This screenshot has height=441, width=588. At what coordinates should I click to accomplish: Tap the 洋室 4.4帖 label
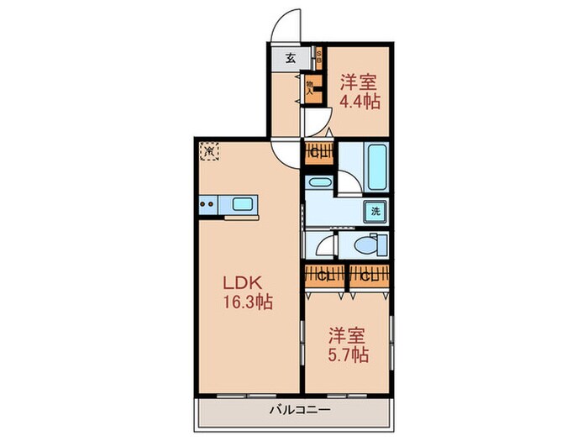[x=360, y=92]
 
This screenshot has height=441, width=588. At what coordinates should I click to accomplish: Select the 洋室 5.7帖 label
[x=348, y=344]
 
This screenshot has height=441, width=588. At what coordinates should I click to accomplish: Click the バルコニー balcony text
[x=300, y=411]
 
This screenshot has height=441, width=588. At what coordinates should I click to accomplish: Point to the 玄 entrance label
[x=290, y=59]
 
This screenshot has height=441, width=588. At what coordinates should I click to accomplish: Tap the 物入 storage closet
[x=311, y=88]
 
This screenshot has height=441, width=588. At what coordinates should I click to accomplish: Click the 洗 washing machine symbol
[x=375, y=211]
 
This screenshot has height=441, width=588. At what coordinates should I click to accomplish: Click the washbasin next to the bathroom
[x=319, y=181]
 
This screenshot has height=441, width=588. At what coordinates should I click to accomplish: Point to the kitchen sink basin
[x=242, y=204]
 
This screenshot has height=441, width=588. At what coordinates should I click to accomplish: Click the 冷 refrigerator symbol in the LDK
[x=209, y=154]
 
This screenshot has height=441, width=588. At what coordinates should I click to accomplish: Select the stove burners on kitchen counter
[x=209, y=203]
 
